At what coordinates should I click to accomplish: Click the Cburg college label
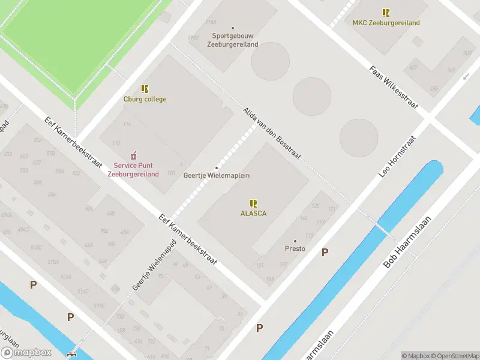coord(145,99)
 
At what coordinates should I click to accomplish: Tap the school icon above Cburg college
coord(145,89)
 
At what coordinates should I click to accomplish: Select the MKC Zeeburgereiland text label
coord(386,23)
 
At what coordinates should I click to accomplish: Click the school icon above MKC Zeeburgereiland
coord(386,12)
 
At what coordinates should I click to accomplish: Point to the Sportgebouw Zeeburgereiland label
coord(233,40)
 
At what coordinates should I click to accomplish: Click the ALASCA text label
coord(253,213)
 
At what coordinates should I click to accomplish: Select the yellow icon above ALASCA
coord(253,203)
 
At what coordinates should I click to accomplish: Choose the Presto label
coord(295,248)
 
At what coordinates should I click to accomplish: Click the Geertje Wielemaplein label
coord(216,175)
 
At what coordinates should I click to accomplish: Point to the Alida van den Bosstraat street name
coord(272,134)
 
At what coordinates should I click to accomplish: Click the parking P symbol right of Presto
coord(325,253)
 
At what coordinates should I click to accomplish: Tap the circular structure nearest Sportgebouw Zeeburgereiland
coord(270,61)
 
